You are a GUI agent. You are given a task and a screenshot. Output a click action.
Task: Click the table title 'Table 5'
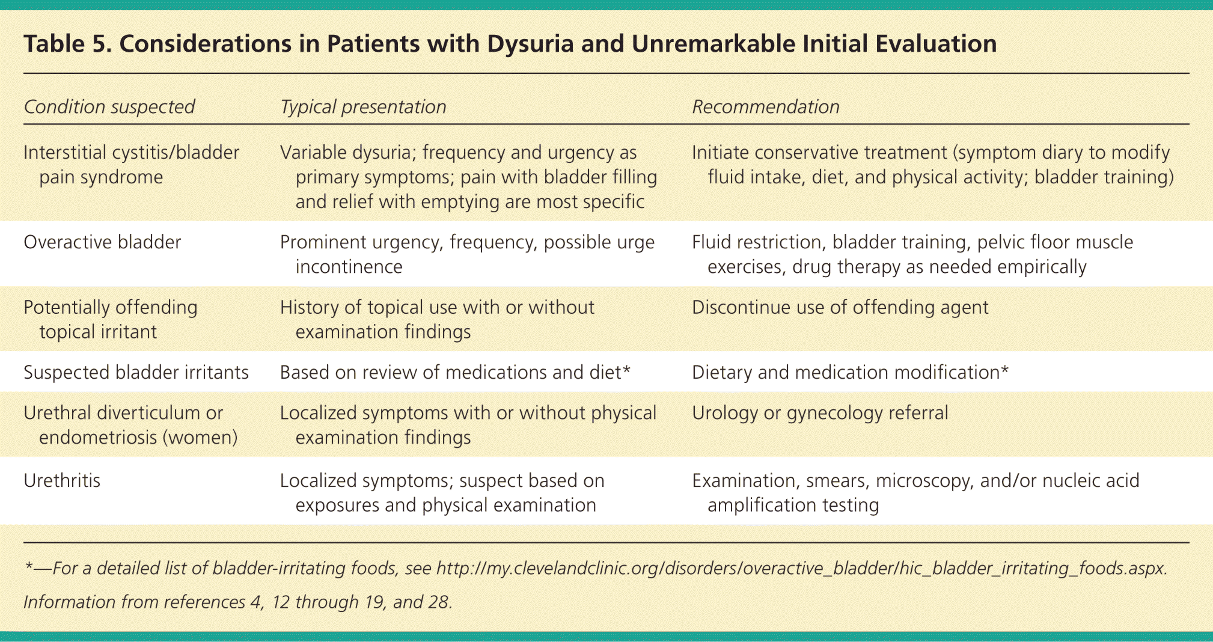[67, 44]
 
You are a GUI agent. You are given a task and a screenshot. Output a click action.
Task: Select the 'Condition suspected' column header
[109, 107]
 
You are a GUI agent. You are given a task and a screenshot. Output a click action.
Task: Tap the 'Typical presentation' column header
[363, 107]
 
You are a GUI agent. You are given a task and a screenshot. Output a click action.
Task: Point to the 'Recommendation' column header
[765, 107]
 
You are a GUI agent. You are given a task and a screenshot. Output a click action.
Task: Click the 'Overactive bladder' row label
[102, 242]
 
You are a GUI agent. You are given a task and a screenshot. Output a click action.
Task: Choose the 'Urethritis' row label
[62, 480]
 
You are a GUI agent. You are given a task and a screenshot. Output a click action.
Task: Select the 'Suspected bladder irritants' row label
[136, 373]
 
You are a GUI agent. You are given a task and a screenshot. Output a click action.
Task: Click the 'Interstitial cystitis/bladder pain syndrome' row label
[131, 165]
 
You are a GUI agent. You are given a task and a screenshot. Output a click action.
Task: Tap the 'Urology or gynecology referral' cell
[820, 413]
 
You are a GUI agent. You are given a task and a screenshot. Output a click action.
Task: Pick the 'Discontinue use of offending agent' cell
[840, 308]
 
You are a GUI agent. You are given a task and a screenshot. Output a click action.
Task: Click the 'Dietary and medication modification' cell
[850, 373]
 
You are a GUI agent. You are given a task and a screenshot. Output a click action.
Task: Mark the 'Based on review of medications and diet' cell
[455, 373]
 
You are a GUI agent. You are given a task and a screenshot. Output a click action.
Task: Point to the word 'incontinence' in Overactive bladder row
[349, 267]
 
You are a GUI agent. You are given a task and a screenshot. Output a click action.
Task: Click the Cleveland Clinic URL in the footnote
[801, 569]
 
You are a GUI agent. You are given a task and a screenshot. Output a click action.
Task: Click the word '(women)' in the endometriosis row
[200, 438]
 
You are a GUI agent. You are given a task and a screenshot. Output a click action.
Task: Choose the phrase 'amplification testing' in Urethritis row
[793, 506]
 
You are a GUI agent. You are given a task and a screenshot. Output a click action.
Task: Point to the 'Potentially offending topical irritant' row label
[111, 320]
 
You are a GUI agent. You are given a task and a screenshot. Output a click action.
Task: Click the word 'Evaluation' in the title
[936, 44]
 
